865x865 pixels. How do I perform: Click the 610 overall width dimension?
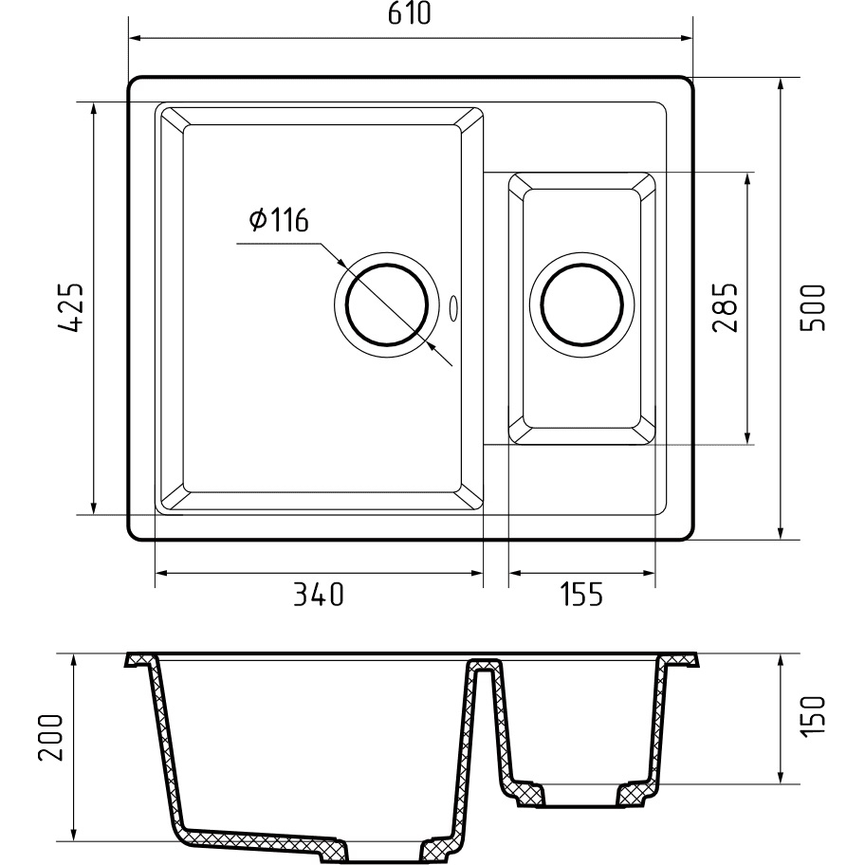(409, 14)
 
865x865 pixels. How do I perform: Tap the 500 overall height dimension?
(814, 307)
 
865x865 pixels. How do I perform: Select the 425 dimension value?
(70, 307)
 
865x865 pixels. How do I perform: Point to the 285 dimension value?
(725, 307)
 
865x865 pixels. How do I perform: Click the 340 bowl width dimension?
(319, 595)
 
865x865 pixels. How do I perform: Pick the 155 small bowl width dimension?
(581, 595)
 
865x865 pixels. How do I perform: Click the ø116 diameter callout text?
(279, 220)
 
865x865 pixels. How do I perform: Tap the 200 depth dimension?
(51, 738)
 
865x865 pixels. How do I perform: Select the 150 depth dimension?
(814, 714)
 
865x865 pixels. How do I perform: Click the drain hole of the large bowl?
(387, 305)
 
